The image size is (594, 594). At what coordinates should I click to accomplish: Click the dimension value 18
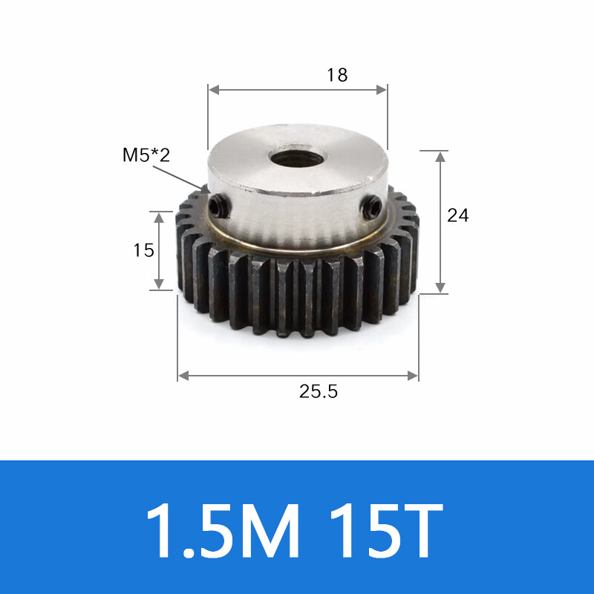[x=337, y=75]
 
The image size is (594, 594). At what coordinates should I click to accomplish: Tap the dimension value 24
[x=457, y=215]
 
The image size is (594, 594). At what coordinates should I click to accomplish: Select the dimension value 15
[x=143, y=250]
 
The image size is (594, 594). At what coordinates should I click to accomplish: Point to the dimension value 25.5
[x=319, y=391]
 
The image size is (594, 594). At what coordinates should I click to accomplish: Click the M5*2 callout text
[x=146, y=154]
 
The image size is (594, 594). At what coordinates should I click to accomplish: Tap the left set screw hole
[x=218, y=206]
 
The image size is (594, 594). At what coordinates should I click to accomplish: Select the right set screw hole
[x=371, y=207]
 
